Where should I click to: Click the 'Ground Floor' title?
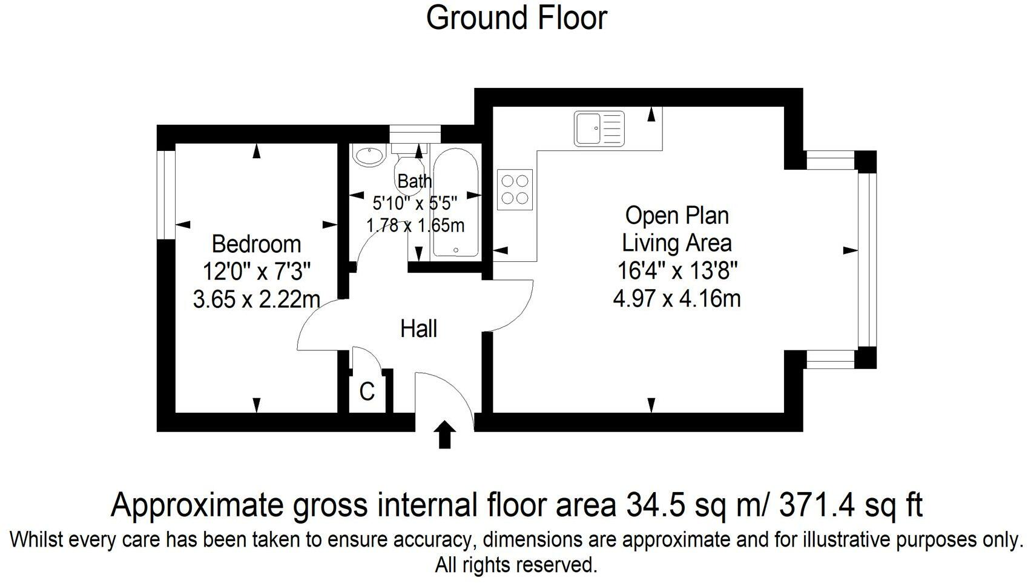tap(516, 18)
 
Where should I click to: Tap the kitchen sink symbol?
tap(599, 128)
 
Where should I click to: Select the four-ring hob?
tap(515, 190)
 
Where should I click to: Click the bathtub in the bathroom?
tap(456, 202)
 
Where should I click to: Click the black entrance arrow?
tap(445, 434)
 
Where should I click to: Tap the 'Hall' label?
tap(418, 328)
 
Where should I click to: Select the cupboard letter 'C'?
tap(367, 392)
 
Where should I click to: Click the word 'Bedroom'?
tap(256, 244)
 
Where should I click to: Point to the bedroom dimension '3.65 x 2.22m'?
tap(256, 299)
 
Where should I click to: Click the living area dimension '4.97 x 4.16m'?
tap(677, 298)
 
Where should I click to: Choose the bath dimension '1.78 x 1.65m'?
tap(415, 225)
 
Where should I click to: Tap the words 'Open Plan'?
tap(677, 216)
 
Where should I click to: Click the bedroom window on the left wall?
tap(166, 195)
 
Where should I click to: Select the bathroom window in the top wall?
tap(415, 134)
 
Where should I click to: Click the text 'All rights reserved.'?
tap(516, 565)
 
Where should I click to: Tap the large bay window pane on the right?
tap(867, 259)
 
